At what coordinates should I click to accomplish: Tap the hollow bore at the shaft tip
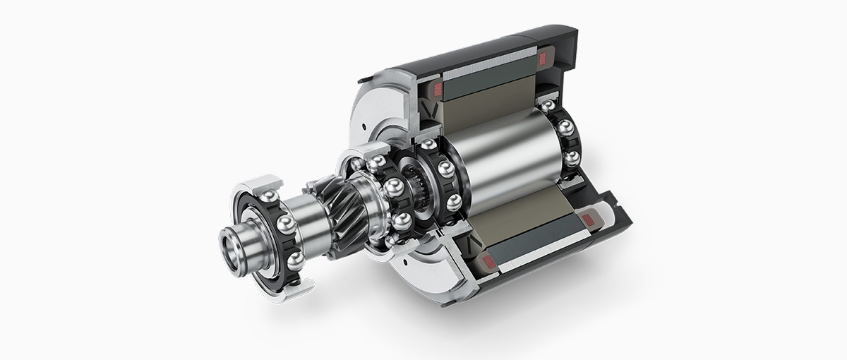tap(234, 250)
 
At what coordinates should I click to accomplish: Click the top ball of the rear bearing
tap(548, 107)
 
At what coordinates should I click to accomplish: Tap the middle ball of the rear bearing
tap(565, 128)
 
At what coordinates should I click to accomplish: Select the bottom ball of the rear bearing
tap(572, 157)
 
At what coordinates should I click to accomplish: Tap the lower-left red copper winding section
tap(486, 262)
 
